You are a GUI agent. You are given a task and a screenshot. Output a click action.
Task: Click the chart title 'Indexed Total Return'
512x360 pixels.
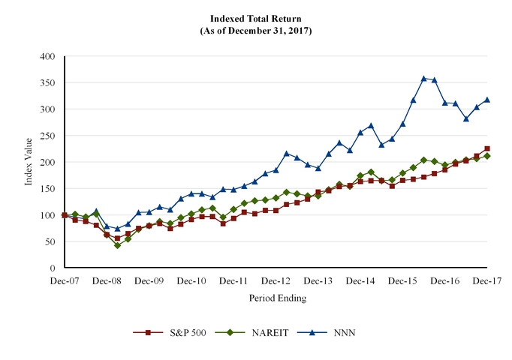pos(256,19)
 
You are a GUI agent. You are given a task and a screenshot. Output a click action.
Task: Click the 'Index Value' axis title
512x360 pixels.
pos(29,161)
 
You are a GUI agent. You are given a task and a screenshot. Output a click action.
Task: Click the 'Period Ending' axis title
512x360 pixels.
pos(277,298)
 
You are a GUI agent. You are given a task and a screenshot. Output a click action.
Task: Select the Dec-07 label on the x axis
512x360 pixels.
pos(65,280)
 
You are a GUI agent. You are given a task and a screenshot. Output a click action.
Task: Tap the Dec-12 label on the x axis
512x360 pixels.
pos(276,280)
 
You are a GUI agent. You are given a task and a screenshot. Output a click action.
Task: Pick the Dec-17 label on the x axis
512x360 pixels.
pos(487,280)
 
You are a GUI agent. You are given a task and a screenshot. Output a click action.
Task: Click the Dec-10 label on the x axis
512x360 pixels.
pos(191,280)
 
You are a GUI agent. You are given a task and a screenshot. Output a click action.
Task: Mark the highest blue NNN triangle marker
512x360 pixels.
pos(424,78)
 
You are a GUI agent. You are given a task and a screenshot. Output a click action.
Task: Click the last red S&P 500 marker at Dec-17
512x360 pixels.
pos(487,148)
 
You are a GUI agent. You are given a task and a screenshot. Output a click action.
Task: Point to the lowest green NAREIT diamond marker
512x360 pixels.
pos(117,245)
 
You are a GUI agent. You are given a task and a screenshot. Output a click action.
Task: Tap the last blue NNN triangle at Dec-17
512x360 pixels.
pos(487,99)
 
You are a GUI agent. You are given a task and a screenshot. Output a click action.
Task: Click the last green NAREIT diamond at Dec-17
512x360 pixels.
pos(487,156)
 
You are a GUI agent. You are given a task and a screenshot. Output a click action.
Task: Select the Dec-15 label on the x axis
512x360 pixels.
pos(403,280)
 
